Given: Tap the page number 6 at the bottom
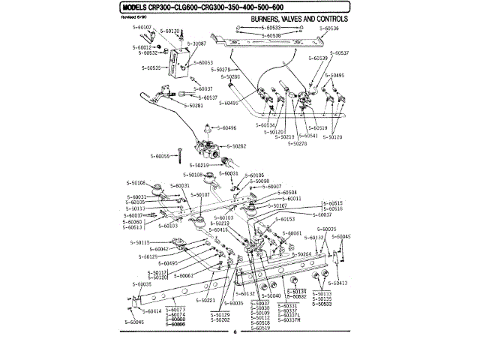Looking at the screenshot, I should tap(235, 332).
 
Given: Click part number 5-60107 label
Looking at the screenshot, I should tap(140, 27).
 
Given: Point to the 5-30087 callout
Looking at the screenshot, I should tap(194, 43).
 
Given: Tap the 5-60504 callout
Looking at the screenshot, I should tap(286, 192).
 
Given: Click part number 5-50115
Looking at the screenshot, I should tap(140, 242).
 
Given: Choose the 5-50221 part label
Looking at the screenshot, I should tap(206, 300).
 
